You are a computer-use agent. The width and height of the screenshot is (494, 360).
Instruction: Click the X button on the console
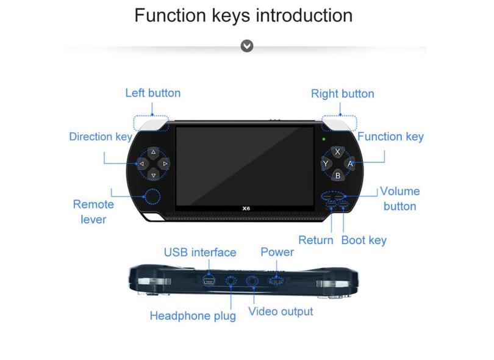tap(338, 152)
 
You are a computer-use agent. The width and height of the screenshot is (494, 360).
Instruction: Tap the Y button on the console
tap(326, 164)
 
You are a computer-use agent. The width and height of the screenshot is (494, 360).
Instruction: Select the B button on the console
tap(338, 175)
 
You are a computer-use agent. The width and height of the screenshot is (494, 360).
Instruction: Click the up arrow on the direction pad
tap(153, 152)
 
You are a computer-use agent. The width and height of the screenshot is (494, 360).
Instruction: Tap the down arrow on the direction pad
tap(153, 176)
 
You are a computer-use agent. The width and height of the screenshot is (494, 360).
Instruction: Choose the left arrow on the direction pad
tap(141, 164)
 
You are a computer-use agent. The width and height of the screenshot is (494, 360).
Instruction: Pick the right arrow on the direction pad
tap(165, 164)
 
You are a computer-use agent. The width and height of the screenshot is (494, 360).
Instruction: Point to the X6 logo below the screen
tap(246, 207)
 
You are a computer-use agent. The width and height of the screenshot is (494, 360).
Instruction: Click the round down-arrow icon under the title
tap(247, 46)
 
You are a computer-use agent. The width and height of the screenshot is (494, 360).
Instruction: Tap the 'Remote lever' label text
tap(93, 212)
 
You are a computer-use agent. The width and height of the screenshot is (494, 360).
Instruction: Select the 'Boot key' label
tap(363, 240)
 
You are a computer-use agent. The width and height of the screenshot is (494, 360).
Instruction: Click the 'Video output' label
tap(281, 311)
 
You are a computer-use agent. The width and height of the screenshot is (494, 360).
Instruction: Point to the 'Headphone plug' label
tap(193, 315)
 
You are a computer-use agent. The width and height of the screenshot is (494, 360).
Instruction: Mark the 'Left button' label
tap(152, 93)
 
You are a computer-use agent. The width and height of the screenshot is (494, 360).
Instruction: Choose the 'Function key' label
tap(390, 136)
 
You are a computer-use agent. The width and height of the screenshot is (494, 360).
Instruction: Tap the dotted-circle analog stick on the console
tap(151, 196)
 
